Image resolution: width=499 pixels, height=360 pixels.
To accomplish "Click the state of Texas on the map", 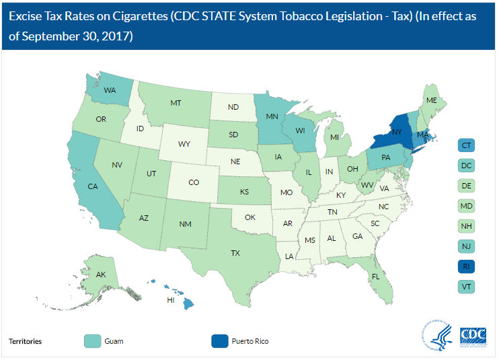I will (236, 253).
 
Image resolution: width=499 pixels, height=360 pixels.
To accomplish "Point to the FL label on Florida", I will (376, 275).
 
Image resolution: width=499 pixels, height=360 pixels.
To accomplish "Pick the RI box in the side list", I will (467, 266).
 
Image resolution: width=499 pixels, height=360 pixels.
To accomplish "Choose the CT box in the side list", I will (467, 145).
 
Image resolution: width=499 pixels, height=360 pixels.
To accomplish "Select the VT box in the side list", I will (467, 287).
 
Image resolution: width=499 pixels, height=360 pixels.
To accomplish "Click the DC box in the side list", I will (467, 165).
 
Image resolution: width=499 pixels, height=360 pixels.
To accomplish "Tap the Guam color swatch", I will (95, 340).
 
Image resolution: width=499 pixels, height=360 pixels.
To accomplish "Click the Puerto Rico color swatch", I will (219, 340).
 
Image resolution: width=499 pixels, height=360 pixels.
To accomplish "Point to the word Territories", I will (25, 341).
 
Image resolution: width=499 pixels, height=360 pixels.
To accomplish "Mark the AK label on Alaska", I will (101, 275).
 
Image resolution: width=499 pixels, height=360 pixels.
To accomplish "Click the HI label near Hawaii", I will (171, 300).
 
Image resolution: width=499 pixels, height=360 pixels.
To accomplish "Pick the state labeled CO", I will (194, 182).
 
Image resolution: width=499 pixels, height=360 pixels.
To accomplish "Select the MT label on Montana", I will (176, 103).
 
